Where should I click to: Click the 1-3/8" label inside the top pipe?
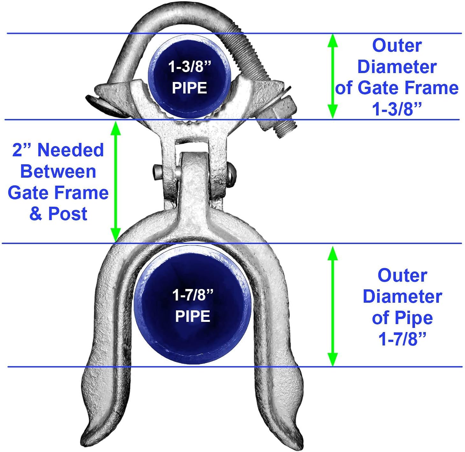(x=190, y=67)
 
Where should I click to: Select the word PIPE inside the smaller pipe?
(x=190, y=88)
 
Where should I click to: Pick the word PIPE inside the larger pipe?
(x=193, y=316)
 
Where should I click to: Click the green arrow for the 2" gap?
(x=116, y=181)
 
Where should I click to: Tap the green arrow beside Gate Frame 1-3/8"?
(x=333, y=76)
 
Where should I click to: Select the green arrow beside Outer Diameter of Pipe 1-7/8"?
(x=333, y=306)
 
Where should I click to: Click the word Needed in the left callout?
(x=71, y=150)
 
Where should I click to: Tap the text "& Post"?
(x=58, y=214)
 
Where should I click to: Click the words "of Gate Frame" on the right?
(x=397, y=88)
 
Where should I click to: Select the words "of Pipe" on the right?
(x=402, y=318)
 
